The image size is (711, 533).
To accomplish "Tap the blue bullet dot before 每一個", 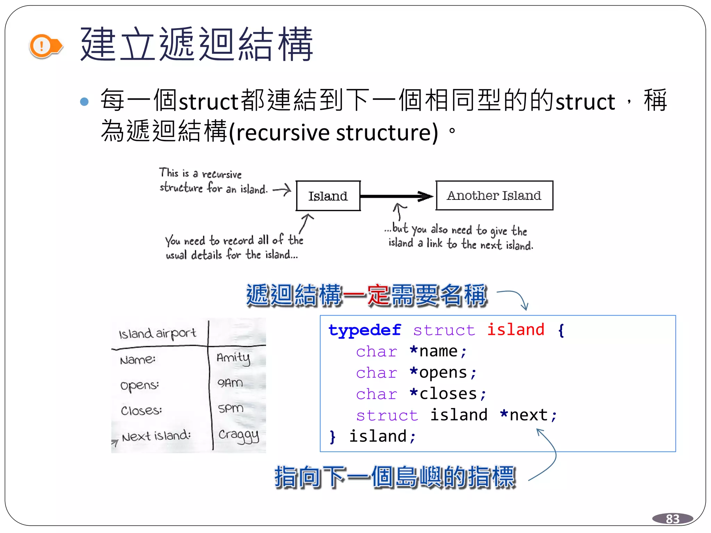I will (x=84, y=102).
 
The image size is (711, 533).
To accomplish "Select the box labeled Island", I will (x=328, y=196).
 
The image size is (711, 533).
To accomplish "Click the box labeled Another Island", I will (x=494, y=195).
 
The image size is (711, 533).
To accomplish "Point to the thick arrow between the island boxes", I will (x=396, y=196).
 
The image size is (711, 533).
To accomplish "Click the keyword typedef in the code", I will (x=365, y=330).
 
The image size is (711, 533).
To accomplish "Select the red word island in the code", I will (x=516, y=330).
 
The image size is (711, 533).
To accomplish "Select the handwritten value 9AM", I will (x=230, y=383).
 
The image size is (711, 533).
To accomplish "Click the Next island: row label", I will (x=156, y=436).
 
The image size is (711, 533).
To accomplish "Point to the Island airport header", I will (x=157, y=333).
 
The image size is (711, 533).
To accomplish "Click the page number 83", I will (x=672, y=519).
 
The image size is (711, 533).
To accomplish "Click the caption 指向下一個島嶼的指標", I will (x=395, y=477).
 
